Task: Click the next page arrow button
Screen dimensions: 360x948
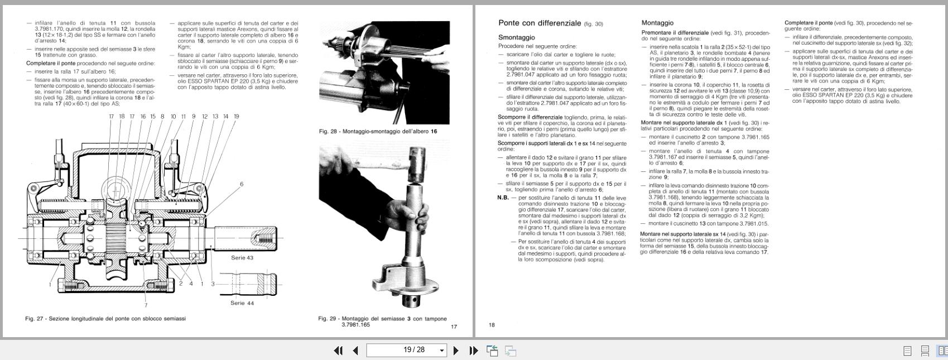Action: pyautogui.click(x=456, y=351)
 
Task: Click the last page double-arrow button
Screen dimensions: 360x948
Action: pyautogui.click(x=474, y=351)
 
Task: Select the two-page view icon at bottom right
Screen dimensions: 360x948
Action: pyautogui.click(x=942, y=351)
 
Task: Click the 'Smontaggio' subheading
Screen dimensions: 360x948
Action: pyautogui.click(x=516, y=37)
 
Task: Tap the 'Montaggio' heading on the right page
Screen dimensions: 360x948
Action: pyautogui.click(x=657, y=23)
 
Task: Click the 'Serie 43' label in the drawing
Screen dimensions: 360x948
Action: pyautogui.click(x=242, y=258)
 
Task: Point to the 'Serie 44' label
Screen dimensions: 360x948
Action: pyautogui.click(x=242, y=303)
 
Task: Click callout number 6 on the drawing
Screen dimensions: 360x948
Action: pyautogui.click(x=242, y=184)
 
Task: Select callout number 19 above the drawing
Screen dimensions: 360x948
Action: pyautogui.click(x=236, y=117)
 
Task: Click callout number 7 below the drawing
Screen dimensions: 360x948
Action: pyautogui.click(x=146, y=305)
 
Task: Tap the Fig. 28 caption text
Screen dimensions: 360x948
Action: pyautogui.click(x=378, y=132)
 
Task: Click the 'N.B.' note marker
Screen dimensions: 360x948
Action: pyautogui.click(x=503, y=198)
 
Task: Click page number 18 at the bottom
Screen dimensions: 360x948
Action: pyautogui.click(x=492, y=325)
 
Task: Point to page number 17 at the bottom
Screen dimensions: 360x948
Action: pyautogui.click(x=454, y=327)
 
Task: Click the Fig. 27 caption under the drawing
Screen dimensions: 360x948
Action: pyautogui.click(x=105, y=319)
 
